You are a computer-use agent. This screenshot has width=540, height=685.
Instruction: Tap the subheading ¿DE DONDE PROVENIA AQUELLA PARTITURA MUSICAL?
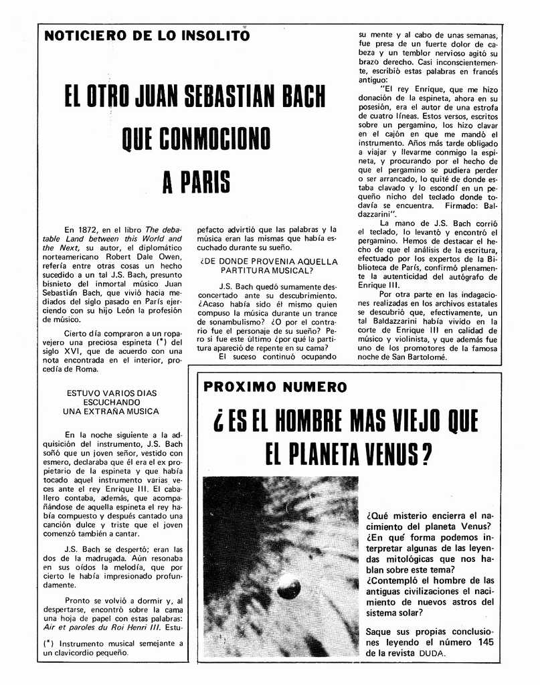269,266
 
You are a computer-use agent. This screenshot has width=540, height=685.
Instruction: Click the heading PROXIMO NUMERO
275,387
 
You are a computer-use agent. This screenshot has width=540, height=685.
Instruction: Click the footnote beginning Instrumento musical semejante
110,647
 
